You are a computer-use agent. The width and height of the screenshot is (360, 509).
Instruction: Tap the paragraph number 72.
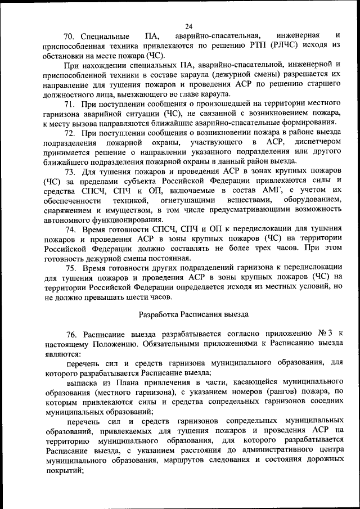point(70,133)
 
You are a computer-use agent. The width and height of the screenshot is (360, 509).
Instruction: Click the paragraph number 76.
point(71,334)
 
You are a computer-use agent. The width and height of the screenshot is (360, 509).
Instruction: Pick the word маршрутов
point(202,460)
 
